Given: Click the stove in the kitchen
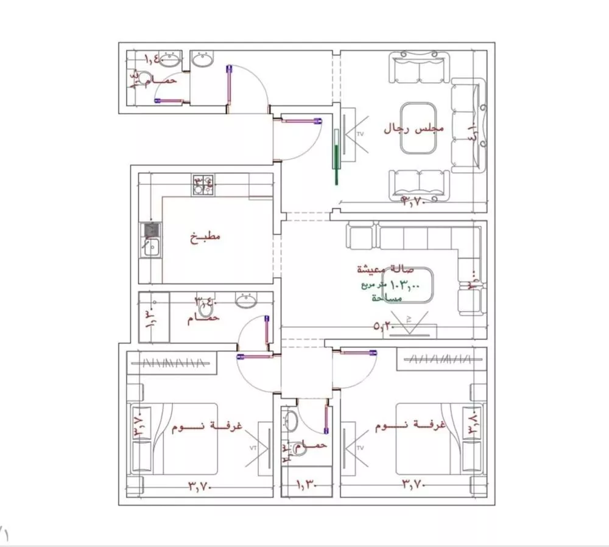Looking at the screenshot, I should point(203,184).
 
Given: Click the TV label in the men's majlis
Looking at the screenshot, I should point(359,133).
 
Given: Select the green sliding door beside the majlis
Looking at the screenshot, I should point(335,156).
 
